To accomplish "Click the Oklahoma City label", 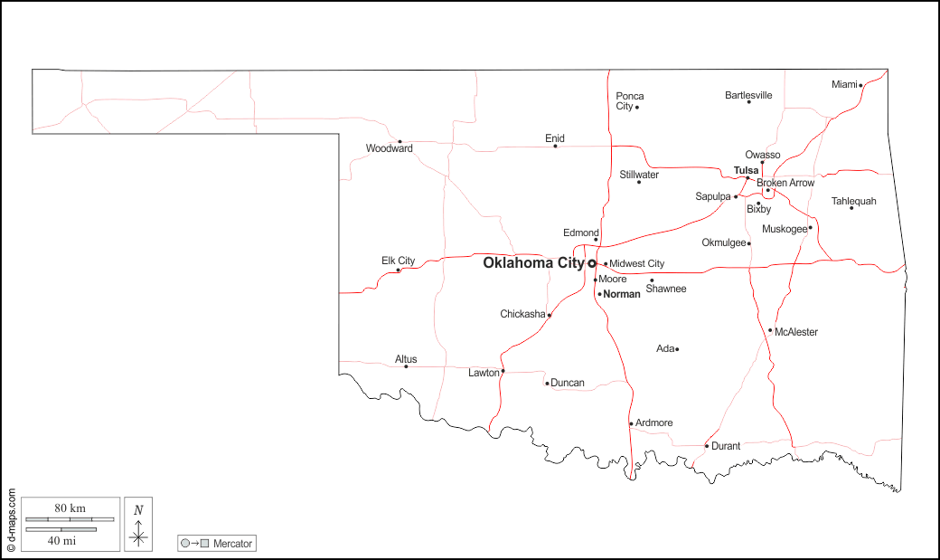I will coord(533,263).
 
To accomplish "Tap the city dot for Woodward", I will coord(399,141).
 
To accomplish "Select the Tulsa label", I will coord(746,170).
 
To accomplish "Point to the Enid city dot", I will coord(555,147).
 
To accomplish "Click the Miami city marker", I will coord(860,85).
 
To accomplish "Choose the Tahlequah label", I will coord(853,201).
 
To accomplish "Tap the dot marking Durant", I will coord(707,446).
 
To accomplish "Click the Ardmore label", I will coord(654,423).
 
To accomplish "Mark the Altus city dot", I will coord(406,366).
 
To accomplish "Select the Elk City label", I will coord(398,261).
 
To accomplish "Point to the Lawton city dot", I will coord(503,372).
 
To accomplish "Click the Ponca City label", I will coord(630,101).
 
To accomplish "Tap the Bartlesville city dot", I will coord(748,101).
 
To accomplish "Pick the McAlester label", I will coord(796,332).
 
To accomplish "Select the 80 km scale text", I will coord(70,508).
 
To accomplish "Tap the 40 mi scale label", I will coord(61,540).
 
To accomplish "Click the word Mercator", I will coord(233,544).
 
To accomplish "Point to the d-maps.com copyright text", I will coord(11,521).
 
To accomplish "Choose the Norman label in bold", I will coord(622,294).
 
